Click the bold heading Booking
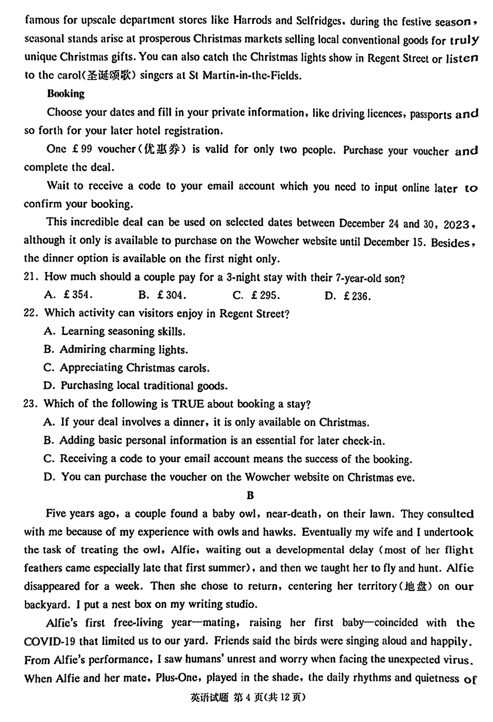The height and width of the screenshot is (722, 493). click(66, 94)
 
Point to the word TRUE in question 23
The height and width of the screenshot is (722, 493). click(187, 404)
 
